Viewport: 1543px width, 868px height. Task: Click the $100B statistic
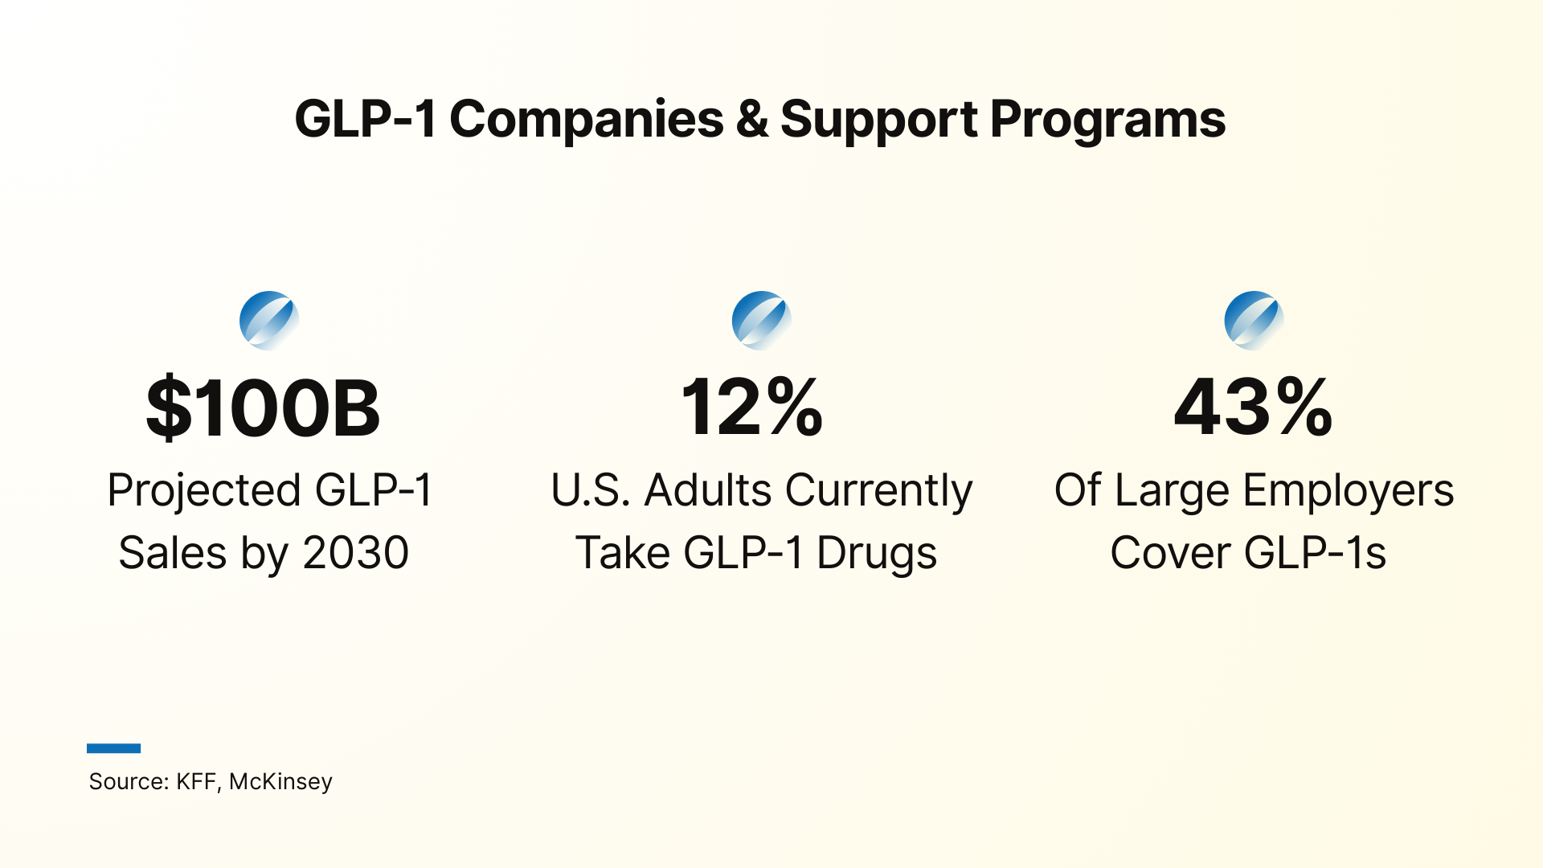(x=263, y=408)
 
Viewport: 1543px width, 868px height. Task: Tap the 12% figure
(x=751, y=408)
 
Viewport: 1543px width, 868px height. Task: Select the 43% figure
(x=1253, y=408)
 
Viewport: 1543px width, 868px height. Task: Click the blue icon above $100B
(x=269, y=321)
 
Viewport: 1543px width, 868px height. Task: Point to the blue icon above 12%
(x=761, y=321)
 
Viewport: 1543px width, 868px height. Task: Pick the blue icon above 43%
(x=1254, y=321)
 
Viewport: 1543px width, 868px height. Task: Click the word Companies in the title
(x=586, y=120)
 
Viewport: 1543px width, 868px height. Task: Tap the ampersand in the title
(x=751, y=120)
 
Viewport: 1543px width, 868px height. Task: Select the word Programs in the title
(x=1107, y=120)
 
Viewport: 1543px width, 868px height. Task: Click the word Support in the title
(x=879, y=120)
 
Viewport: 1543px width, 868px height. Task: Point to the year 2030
(x=355, y=553)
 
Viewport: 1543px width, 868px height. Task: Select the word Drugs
(x=877, y=553)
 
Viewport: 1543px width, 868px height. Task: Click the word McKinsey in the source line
(x=280, y=781)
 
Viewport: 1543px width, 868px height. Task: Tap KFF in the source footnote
(x=195, y=781)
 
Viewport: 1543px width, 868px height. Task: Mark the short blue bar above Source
(x=113, y=748)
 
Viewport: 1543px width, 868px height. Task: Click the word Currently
(x=878, y=490)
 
